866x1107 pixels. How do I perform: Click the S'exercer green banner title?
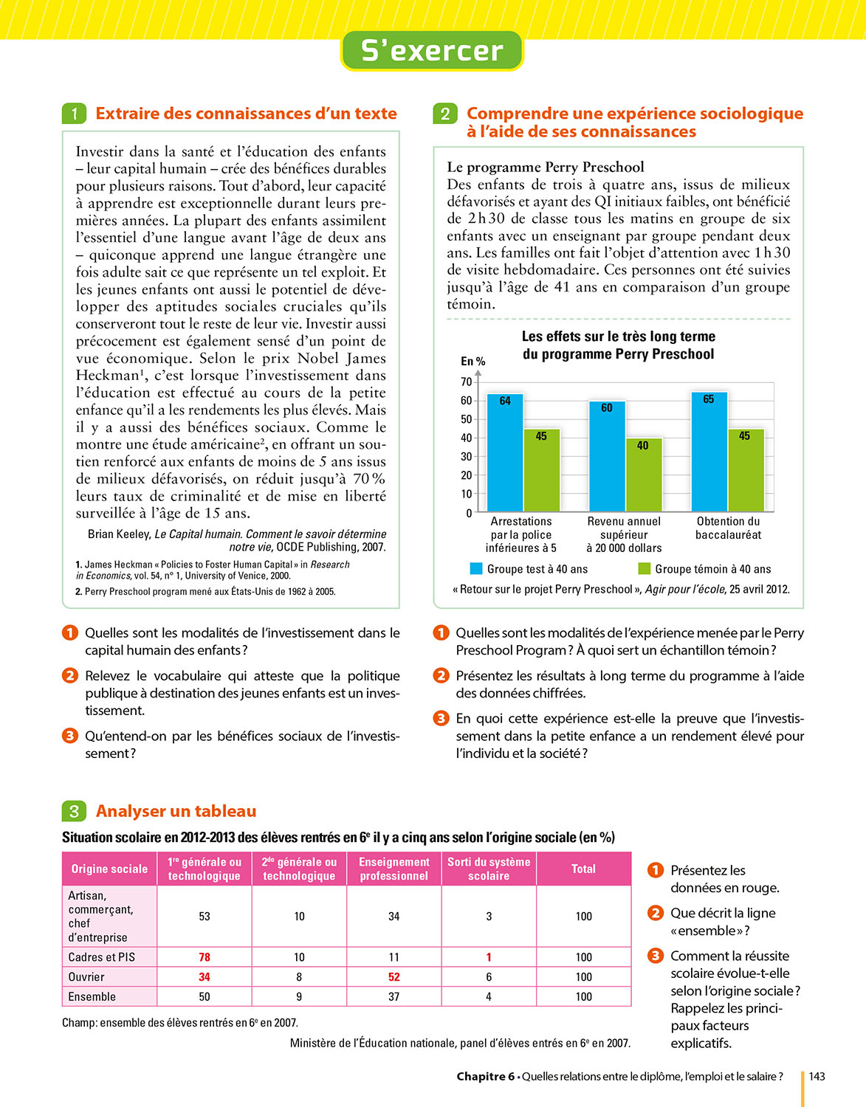(432, 50)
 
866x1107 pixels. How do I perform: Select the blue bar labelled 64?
(505, 452)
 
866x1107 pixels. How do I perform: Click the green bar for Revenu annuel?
(643, 475)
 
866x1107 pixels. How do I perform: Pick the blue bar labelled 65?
(709, 451)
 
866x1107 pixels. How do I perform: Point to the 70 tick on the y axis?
(466, 382)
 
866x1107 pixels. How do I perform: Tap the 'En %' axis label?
(472, 361)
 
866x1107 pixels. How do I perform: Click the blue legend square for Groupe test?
(476, 569)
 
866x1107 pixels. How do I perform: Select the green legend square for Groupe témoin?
(644, 569)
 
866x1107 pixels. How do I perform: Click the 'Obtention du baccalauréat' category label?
(728, 528)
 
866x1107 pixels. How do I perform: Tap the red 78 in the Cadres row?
(205, 957)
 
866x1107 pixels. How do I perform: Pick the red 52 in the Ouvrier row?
(394, 977)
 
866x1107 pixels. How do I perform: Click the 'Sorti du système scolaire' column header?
(489, 869)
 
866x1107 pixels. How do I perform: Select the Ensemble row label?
(92, 996)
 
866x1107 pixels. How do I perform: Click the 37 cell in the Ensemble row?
(394, 996)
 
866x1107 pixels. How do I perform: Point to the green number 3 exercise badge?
(74, 811)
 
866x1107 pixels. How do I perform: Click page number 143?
(817, 1076)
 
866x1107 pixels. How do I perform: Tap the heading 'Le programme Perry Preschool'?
(546, 167)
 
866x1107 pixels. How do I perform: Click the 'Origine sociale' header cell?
(109, 869)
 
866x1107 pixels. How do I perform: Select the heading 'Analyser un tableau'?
(176, 811)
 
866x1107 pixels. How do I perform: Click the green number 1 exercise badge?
(74, 114)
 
